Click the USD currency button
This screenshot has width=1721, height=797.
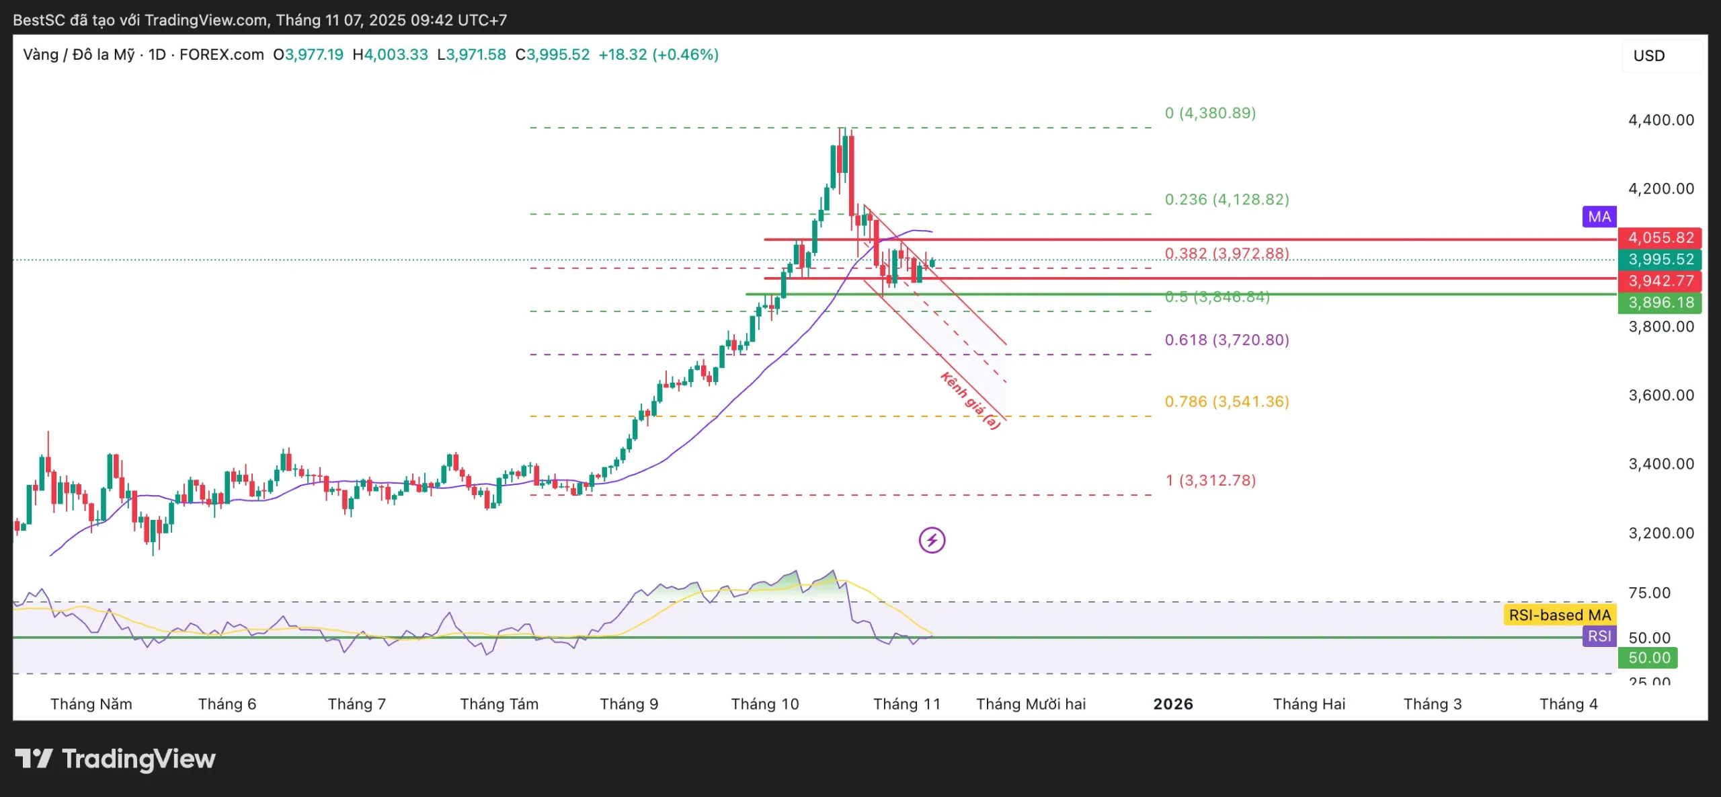pyautogui.click(x=1649, y=56)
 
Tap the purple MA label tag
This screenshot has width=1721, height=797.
pyautogui.click(x=1599, y=217)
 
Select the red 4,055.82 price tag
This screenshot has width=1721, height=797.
pyautogui.click(x=1660, y=238)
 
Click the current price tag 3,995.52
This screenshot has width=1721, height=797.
pyautogui.click(x=1660, y=260)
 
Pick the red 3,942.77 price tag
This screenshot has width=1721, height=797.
pyautogui.click(x=1660, y=281)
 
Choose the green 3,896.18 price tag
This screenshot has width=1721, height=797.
pyautogui.click(x=1660, y=303)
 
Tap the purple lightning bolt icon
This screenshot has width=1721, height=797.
pyautogui.click(x=932, y=540)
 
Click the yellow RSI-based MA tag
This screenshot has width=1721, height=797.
pyautogui.click(x=1560, y=615)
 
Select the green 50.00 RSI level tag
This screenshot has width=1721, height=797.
pyautogui.click(x=1648, y=658)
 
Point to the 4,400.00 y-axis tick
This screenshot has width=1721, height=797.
pyautogui.click(x=1660, y=120)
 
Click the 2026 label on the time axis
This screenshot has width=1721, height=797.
pyautogui.click(x=1173, y=704)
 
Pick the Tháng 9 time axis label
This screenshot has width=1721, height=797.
pyautogui.click(x=629, y=704)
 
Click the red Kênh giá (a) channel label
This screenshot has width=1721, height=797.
pyautogui.click(x=970, y=401)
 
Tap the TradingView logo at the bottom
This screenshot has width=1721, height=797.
pyautogui.click(x=116, y=759)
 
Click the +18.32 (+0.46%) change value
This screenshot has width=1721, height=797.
pyautogui.click(x=658, y=54)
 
